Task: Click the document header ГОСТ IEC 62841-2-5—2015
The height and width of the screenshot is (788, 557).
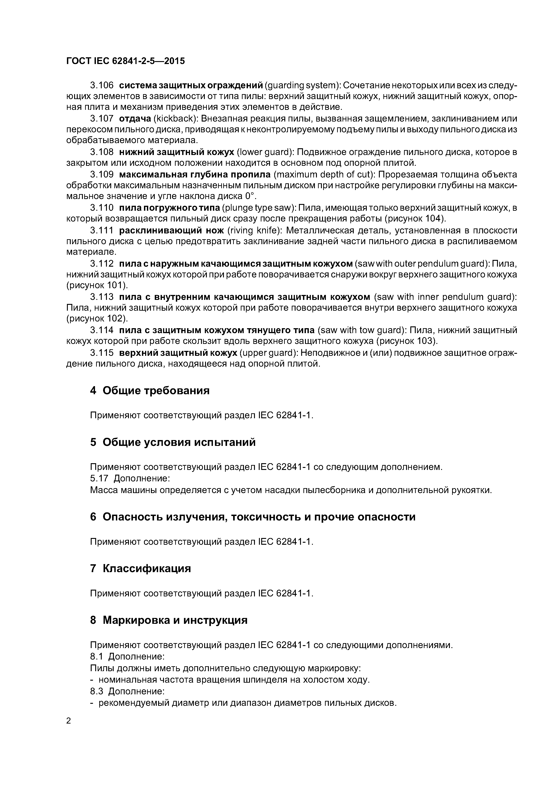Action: [x=125, y=61]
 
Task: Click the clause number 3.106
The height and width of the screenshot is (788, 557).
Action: [x=102, y=85]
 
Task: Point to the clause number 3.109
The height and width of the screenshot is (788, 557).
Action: [x=102, y=175]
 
